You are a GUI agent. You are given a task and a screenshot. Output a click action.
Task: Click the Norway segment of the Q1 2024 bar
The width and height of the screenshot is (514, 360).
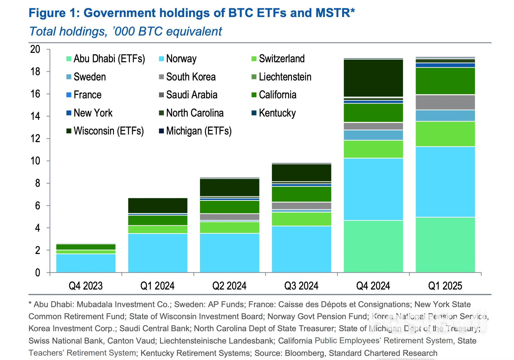[x=158, y=253]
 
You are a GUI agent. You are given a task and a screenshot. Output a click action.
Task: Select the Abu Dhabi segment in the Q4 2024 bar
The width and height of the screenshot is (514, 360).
[x=373, y=246]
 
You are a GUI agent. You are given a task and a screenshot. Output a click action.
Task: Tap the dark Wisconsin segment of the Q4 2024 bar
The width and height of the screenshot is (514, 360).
[x=373, y=78]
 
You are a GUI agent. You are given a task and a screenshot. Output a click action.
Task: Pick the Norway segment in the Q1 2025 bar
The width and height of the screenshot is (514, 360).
[x=445, y=182]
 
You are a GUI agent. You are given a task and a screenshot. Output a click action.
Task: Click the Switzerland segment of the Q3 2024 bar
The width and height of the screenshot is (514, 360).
[x=301, y=219]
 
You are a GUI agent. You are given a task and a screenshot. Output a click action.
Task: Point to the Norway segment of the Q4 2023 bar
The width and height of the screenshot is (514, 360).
[x=86, y=263]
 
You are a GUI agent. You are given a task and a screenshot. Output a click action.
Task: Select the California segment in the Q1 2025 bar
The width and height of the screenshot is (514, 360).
[x=445, y=81]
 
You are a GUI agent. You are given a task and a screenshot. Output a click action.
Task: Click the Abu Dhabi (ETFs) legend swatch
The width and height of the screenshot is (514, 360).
[x=69, y=59]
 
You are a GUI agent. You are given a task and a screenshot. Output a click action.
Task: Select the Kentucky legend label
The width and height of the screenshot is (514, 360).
[x=277, y=113]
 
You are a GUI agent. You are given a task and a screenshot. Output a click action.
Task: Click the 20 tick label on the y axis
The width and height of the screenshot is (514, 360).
[x=35, y=49]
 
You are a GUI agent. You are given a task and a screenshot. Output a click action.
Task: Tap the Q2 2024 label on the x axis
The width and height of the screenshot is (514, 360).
[x=229, y=286]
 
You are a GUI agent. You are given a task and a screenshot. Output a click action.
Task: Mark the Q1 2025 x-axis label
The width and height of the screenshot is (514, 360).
[x=445, y=286]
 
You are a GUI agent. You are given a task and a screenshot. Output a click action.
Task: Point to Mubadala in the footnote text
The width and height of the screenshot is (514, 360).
[x=95, y=305]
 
